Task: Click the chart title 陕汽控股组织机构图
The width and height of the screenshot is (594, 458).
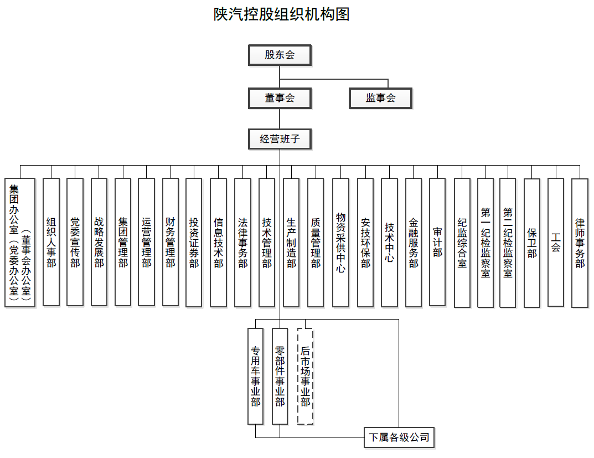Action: [x=281, y=14]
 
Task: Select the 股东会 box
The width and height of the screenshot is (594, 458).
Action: [x=280, y=55]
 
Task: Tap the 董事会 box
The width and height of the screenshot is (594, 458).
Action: [x=280, y=99]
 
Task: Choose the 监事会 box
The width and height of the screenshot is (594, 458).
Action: [x=380, y=99]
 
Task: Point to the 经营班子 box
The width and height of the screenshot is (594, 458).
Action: [x=280, y=140]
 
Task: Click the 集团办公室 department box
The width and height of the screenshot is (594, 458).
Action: [x=20, y=243]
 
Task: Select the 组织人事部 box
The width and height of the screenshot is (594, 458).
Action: [x=51, y=242]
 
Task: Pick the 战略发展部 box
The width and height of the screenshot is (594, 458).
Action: [x=99, y=242]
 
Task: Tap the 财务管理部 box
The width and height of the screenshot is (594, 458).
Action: [x=171, y=242]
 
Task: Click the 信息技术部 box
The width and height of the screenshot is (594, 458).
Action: [x=218, y=243]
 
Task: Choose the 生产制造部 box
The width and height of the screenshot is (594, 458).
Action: [x=291, y=243]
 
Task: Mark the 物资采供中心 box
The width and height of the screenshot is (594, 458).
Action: [x=340, y=243]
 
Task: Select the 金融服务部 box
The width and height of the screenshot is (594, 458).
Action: [x=414, y=243]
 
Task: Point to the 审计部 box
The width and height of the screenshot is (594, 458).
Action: [x=437, y=242]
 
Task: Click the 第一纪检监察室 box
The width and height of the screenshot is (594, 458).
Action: [x=485, y=243]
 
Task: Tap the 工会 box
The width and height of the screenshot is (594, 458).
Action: [x=556, y=242]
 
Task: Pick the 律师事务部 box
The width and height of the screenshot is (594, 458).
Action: [x=580, y=243]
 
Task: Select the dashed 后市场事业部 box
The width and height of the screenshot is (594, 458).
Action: [x=306, y=376]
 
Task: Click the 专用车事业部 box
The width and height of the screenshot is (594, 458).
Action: [x=255, y=376]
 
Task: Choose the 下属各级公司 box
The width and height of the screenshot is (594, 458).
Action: [x=399, y=438]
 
